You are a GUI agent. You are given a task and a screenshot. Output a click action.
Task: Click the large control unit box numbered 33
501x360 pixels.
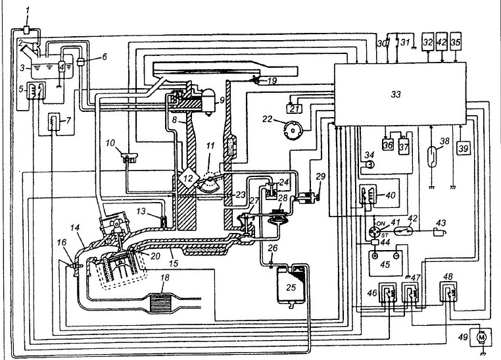click(401, 93)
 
